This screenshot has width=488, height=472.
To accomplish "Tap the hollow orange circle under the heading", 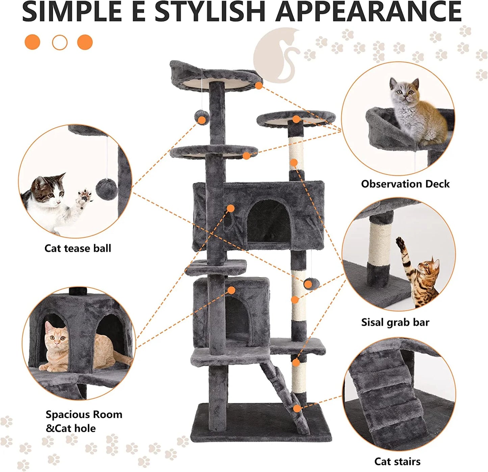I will tap(60, 43).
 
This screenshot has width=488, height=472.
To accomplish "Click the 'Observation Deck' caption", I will tap(405, 184).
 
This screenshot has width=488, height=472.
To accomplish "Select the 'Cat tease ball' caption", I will tap(78, 248).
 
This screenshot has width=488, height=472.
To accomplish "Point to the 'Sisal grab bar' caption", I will tap(395, 322).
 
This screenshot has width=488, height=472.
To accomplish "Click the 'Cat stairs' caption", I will tap(397, 462).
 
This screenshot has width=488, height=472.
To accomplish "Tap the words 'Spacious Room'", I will tap(84, 415).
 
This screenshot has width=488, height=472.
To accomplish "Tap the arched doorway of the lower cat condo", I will tap(236, 319).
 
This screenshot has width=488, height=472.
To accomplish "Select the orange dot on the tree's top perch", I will tap(259, 85).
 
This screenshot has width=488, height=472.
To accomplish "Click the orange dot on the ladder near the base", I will tap(297, 409).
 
